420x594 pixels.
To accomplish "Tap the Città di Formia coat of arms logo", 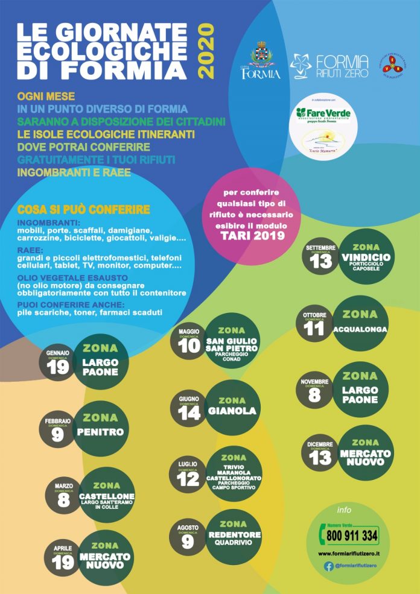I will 261,58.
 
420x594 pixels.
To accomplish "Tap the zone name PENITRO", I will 100,432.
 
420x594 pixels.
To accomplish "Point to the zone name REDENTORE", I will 232,535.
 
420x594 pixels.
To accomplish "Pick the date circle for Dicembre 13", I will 320,455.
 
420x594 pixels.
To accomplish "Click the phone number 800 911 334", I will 352,535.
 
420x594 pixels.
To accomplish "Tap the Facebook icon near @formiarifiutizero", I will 329,566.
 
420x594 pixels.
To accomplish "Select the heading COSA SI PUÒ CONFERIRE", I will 84,209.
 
